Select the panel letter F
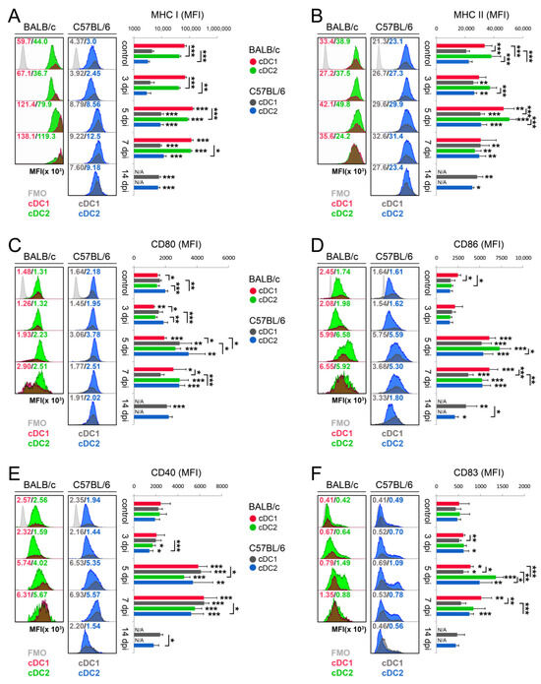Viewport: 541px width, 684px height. point(285,460)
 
